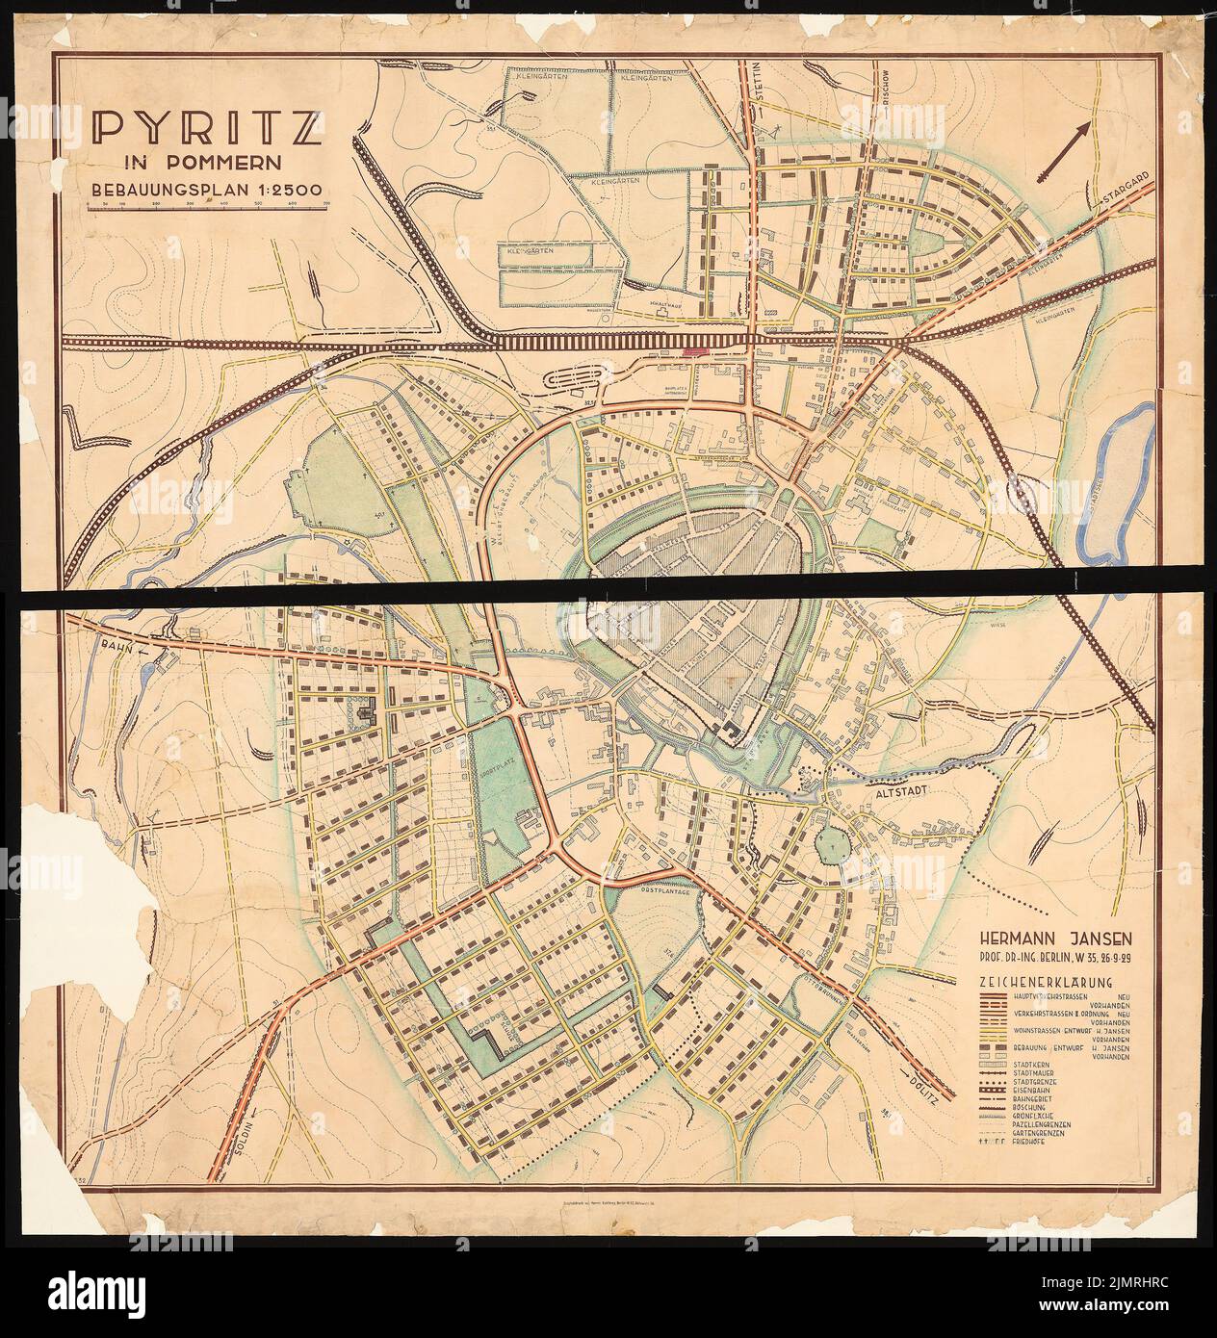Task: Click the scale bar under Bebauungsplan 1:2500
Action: pos(206,204)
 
